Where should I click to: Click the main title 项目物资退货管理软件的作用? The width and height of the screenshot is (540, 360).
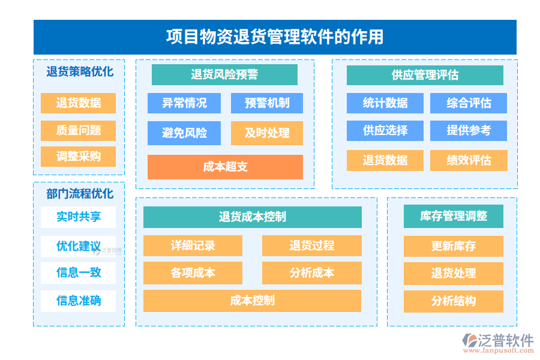275,37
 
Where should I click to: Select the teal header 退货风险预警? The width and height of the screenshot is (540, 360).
224,75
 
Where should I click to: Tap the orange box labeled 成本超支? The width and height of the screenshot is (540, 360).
225,167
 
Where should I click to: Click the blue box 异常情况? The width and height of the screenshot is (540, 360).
184,103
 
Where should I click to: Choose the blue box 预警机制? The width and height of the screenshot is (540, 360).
267,103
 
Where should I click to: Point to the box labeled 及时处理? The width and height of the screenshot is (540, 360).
267,133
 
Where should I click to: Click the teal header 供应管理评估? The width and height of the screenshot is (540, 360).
425,75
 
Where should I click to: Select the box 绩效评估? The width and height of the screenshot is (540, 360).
469,160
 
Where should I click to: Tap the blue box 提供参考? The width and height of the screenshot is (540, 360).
469,131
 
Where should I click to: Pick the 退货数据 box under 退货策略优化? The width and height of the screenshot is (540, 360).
79,103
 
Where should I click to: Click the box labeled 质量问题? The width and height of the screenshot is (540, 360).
79,130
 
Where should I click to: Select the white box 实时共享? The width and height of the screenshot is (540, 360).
79,217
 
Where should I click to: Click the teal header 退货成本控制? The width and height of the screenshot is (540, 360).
253,217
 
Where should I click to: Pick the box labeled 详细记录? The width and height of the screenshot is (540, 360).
193,246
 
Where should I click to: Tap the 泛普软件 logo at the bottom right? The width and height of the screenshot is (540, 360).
498,342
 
